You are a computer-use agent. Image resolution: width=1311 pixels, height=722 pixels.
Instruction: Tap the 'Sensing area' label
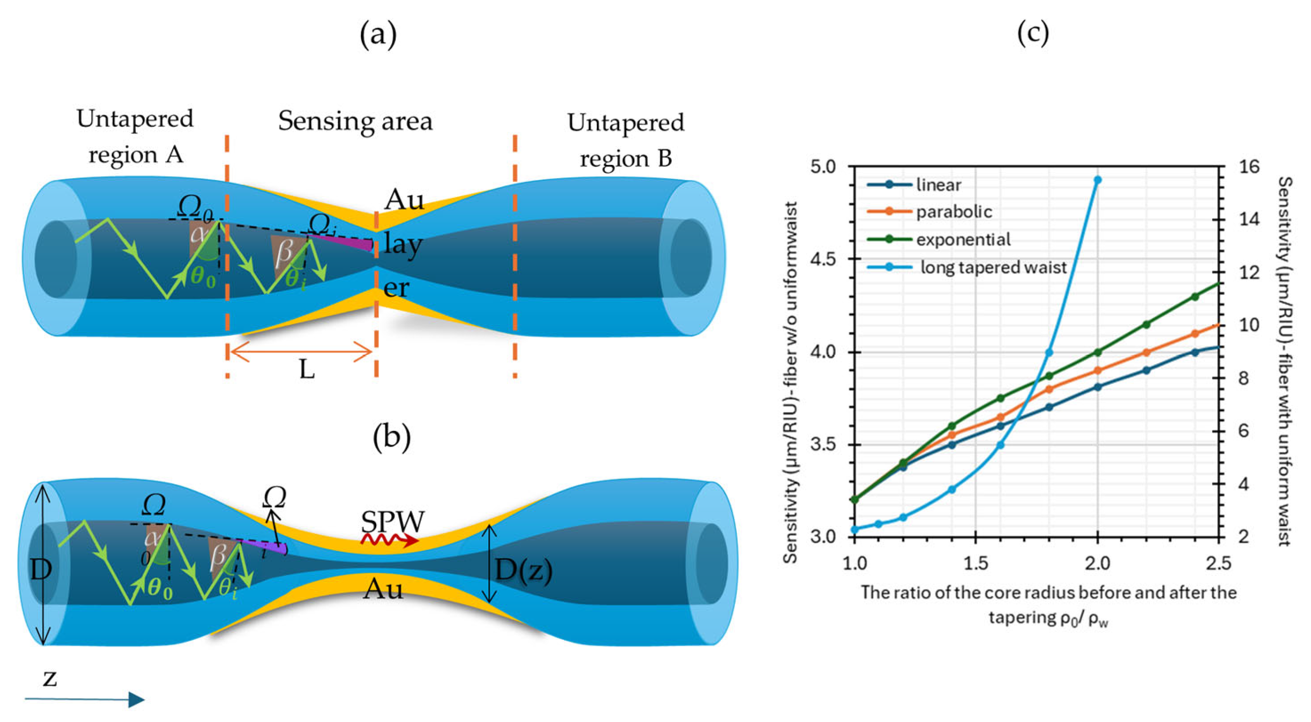click(355, 121)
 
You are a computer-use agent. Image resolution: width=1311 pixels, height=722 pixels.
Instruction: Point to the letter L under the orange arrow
click(307, 370)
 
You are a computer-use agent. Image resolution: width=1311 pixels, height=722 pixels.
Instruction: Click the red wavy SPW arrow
click(389, 540)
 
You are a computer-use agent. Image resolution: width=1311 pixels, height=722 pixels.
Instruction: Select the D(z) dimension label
click(524, 570)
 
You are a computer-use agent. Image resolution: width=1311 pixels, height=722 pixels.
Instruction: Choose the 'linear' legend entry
click(938, 185)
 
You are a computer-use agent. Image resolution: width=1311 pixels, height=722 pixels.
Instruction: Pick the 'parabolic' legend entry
click(954, 212)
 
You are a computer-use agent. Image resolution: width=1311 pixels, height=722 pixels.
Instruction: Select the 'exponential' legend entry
click(963, 240)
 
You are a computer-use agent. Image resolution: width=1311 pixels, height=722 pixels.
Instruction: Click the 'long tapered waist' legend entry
click(993, 267)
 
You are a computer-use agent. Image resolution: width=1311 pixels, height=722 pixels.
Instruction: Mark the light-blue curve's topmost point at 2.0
click(1098, 180)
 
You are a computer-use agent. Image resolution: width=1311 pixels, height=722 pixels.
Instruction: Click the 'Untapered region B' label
click(625, 140)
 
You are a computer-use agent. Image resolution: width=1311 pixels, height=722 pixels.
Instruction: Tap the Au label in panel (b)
click(383, 590)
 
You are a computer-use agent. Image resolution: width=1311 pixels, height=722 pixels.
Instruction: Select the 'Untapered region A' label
click(135, 136)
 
